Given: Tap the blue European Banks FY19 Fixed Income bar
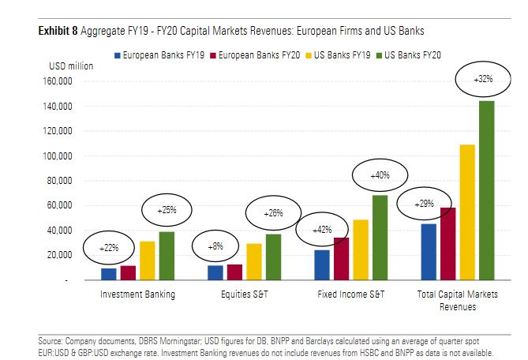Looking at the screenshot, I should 322,264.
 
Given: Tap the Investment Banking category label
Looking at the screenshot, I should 137,294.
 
